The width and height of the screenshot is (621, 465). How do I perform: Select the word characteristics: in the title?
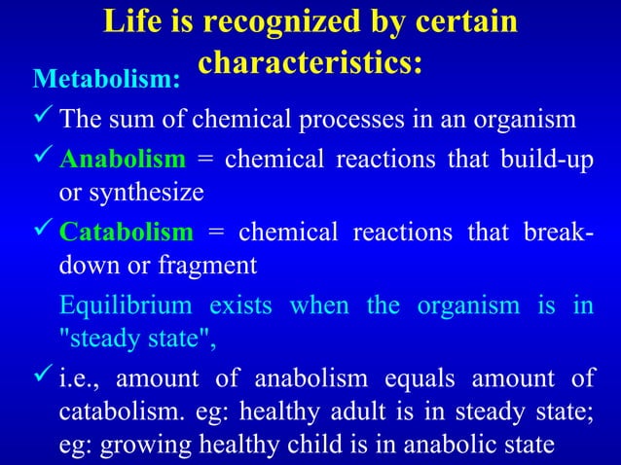310,60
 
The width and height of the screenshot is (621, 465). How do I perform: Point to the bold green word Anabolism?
122,158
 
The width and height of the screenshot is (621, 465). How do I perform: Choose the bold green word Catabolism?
126,232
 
